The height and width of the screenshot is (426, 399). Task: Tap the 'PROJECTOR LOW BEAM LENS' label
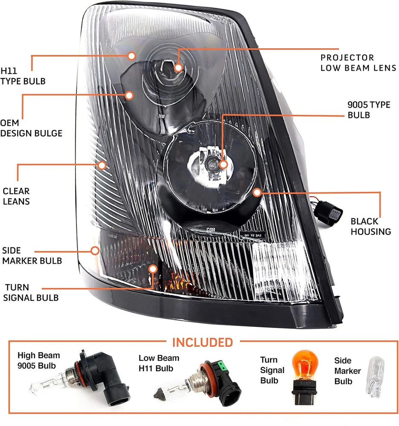[358, 63]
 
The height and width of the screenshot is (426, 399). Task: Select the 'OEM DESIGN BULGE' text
[31, 128]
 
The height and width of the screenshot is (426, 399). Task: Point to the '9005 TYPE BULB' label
[369, 109]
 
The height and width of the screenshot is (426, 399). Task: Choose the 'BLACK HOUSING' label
[370, 226]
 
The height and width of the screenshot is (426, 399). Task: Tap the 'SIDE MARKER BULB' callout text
[32, 255]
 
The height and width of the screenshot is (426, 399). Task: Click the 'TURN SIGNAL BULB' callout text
[31, 292]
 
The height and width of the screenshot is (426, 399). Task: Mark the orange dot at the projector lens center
[178, 67]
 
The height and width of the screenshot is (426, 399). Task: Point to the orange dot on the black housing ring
[257, 192]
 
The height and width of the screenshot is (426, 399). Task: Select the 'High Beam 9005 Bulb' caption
[39, 360]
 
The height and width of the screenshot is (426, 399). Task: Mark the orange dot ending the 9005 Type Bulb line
[223, 164]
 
